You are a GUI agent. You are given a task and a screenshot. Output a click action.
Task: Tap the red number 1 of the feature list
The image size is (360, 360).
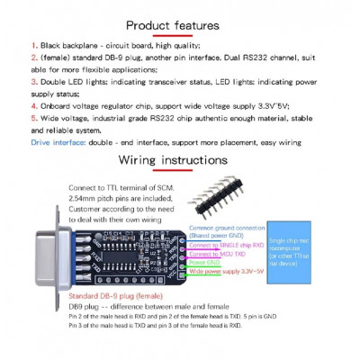(33, 44)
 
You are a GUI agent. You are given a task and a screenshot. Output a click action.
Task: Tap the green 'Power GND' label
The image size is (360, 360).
(203, 263)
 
